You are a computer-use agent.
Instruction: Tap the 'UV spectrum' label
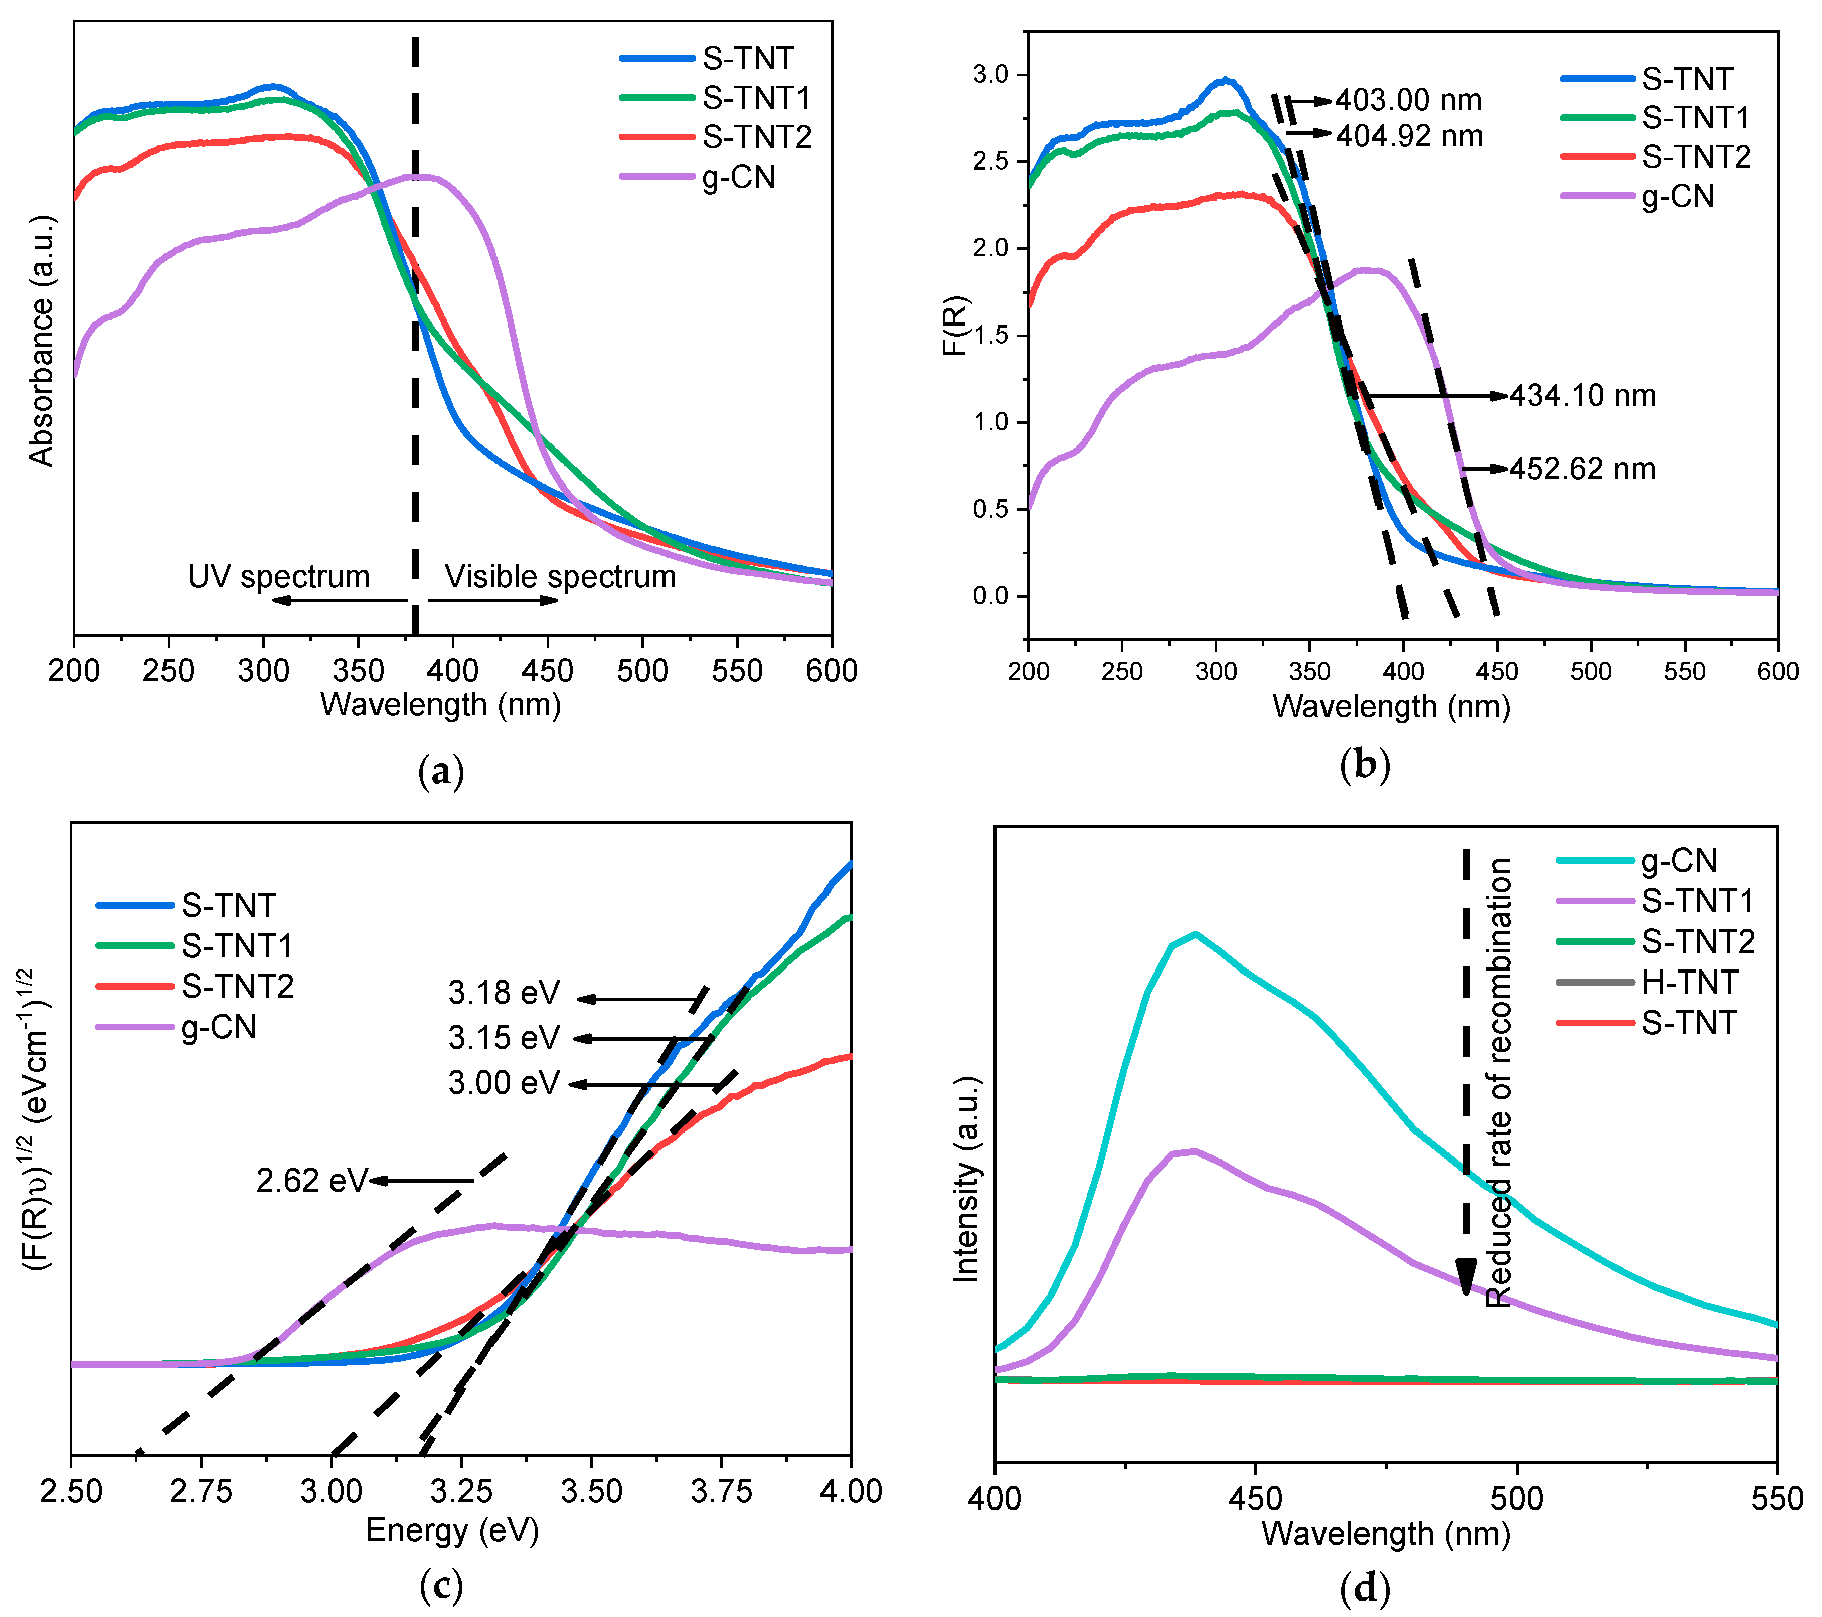[278, 577]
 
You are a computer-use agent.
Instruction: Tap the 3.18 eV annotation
[504, 992]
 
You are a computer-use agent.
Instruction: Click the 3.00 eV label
[504, 1083]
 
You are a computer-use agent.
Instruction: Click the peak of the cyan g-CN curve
[1195, 934]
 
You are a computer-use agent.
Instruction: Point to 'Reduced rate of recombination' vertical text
[1500, 1082]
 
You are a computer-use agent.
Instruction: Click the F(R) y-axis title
[955, 326]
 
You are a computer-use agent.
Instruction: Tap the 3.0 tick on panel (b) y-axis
[990, 75]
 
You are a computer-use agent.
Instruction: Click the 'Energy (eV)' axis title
[453, 1531]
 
